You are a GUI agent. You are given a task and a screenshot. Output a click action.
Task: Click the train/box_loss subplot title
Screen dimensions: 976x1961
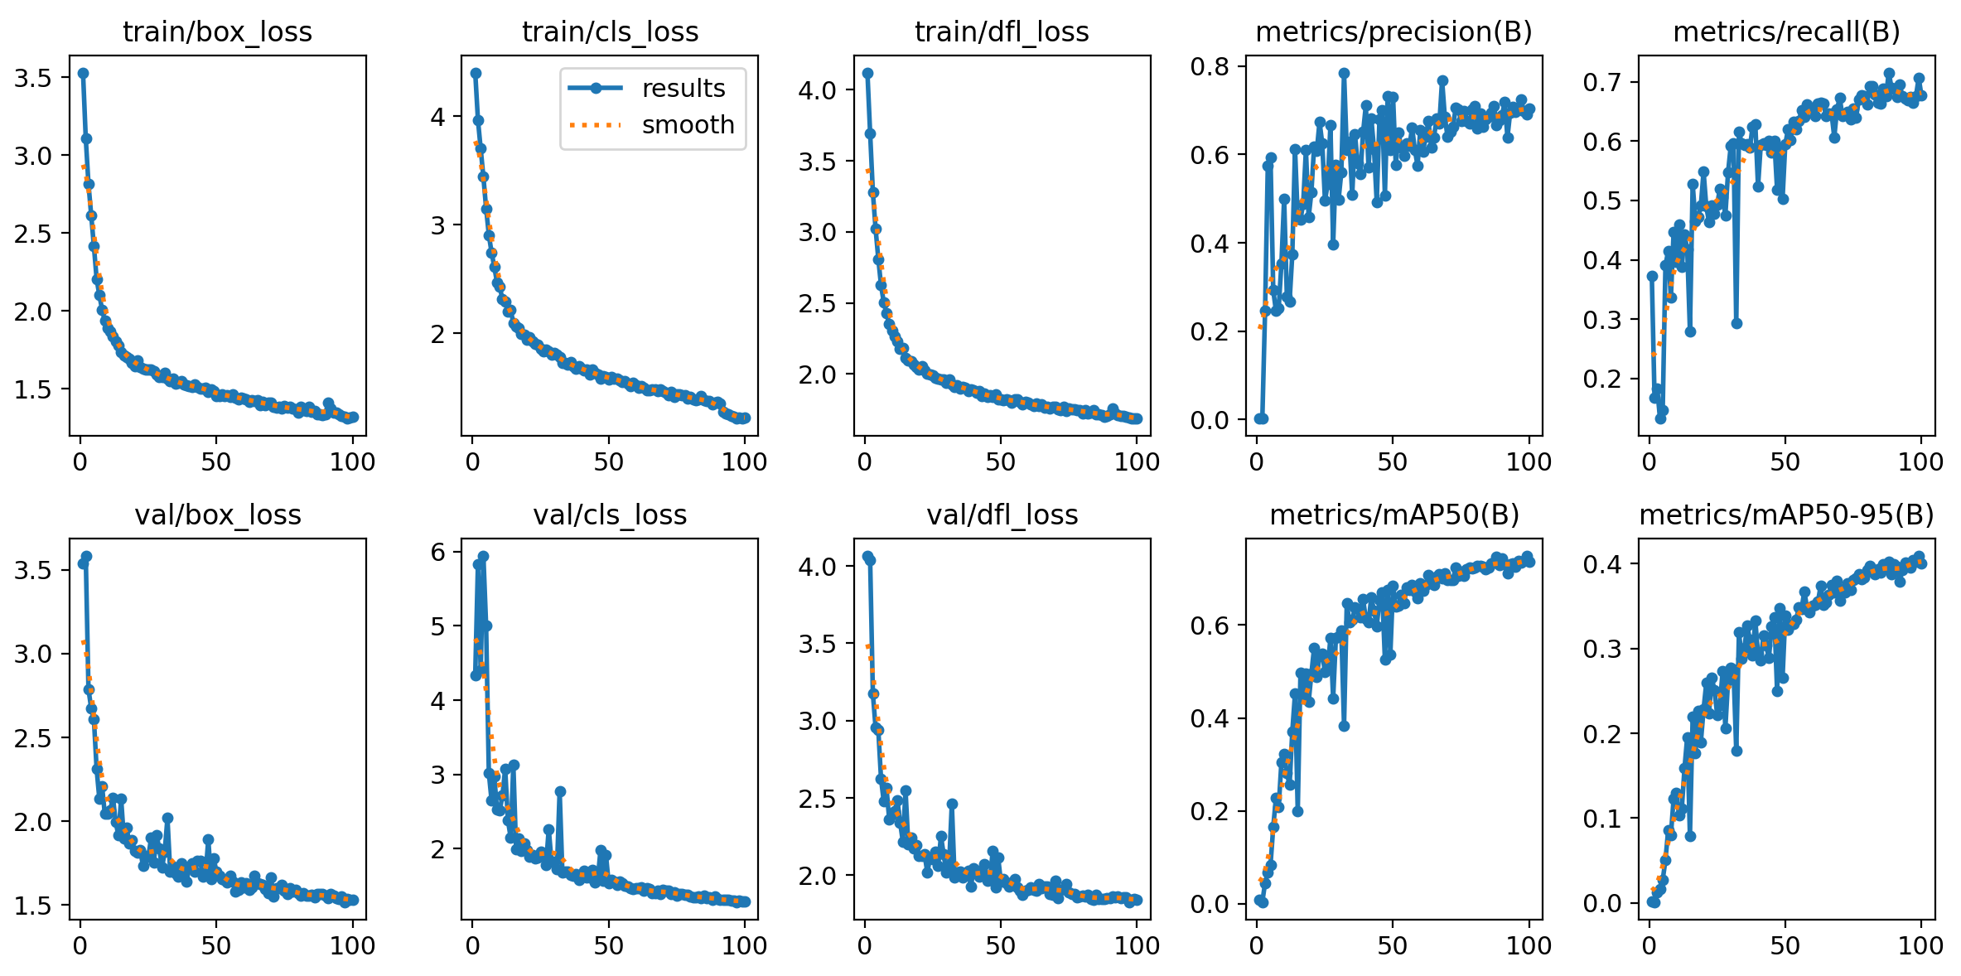coord(217,32)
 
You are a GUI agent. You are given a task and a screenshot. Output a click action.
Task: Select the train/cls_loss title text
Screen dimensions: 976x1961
coord(610,32)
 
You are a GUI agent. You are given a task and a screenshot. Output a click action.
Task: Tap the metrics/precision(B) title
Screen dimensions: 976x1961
coord(1393,32)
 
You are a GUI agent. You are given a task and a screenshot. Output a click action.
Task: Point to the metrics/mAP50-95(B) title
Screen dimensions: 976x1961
coord(1786,515)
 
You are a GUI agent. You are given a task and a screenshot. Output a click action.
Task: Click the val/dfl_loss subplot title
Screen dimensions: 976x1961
coord(1002,515)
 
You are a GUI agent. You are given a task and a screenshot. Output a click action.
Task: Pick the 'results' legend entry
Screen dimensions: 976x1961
coord(683,89)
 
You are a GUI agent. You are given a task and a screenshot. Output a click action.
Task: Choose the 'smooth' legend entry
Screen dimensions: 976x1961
coord(688,125)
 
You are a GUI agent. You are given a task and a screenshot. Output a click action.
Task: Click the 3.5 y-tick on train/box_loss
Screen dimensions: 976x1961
coord(32,78)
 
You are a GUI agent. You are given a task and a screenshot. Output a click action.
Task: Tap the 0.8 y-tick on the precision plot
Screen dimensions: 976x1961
coord(1210,66)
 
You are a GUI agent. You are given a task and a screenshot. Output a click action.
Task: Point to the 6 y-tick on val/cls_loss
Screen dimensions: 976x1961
coord(437,552)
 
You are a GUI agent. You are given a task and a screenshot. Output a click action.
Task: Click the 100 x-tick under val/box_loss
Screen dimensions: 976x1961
coord(352,945)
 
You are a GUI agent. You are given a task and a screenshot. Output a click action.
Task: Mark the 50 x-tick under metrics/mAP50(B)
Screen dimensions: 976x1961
coord(1393,945)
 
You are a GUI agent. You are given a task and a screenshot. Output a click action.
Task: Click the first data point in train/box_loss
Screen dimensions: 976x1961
coord(83,73)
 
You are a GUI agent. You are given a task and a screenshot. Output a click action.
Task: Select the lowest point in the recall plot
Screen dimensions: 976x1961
coord(1660,418)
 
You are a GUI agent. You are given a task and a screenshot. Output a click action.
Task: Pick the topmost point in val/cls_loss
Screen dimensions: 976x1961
coord(484,557)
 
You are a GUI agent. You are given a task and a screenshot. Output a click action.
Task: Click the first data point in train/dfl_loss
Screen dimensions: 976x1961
coord(867,73)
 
